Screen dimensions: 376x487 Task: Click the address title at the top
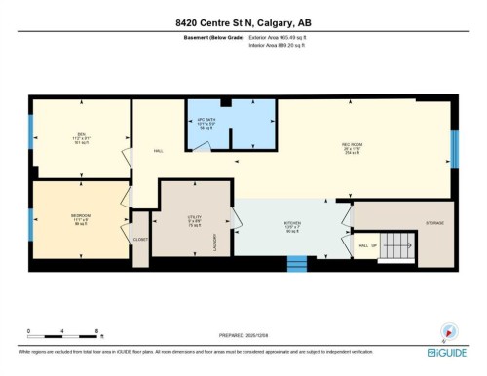pos(243,22)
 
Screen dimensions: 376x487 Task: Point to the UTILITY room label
pos(194,218)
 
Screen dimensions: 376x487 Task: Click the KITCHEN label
pos(292,223)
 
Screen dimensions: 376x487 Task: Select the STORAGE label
pos(434,223)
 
